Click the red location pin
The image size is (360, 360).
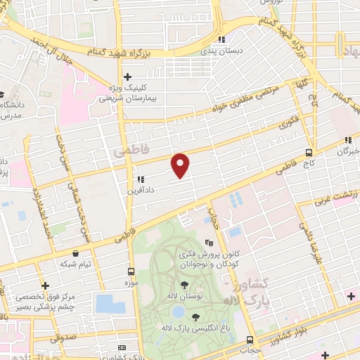coord(181,165)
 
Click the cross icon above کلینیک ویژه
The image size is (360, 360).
coord(127,77)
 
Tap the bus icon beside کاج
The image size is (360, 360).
coord(309,152)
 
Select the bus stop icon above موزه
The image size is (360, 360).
coord(131,271)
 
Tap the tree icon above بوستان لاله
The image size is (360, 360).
coord(184,285)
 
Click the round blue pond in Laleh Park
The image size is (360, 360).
coord(178,310)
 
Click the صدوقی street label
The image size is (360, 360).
coord(65,337)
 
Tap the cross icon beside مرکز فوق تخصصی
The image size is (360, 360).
coord(46,287)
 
